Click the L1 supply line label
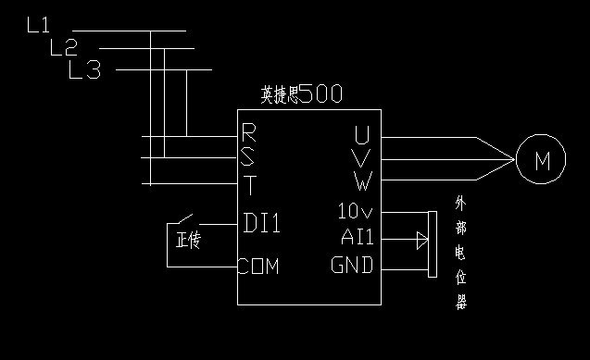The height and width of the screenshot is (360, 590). (38, 25)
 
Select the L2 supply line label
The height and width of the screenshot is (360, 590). (62, 47)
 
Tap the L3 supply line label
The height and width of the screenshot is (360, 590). (85, 70)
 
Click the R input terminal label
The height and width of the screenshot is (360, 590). (248, 131)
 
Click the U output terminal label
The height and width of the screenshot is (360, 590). (362, 134)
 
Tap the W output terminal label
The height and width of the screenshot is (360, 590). (362, 179)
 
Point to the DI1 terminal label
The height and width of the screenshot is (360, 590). (262, 223)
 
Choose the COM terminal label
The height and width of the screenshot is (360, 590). (258, 267)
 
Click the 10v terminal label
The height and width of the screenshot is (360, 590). (355, 212)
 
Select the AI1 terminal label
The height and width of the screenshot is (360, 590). (357, 239)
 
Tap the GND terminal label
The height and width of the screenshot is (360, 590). (353, 267)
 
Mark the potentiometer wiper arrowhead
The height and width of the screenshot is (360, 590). (422, 241)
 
